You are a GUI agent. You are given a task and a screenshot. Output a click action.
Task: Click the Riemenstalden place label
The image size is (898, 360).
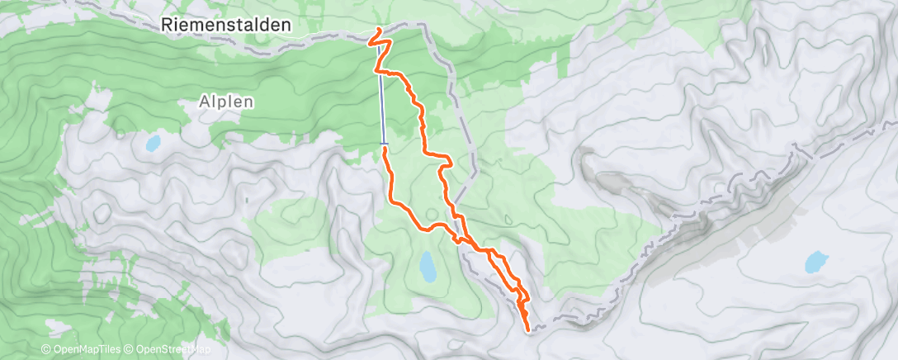pos(225,26)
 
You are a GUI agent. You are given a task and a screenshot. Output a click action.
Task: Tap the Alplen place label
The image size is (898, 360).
pos(224,102)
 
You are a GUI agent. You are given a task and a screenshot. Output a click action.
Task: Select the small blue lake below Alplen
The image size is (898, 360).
pos(153,143)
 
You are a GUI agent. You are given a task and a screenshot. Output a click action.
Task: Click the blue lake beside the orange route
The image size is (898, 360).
pos(428,266)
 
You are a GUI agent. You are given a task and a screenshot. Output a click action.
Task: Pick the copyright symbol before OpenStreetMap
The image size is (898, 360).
pos(130,350)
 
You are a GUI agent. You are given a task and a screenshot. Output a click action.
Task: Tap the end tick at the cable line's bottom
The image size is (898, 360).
pos(384,144)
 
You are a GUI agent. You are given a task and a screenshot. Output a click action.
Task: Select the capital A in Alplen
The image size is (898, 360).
pos(204,102)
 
